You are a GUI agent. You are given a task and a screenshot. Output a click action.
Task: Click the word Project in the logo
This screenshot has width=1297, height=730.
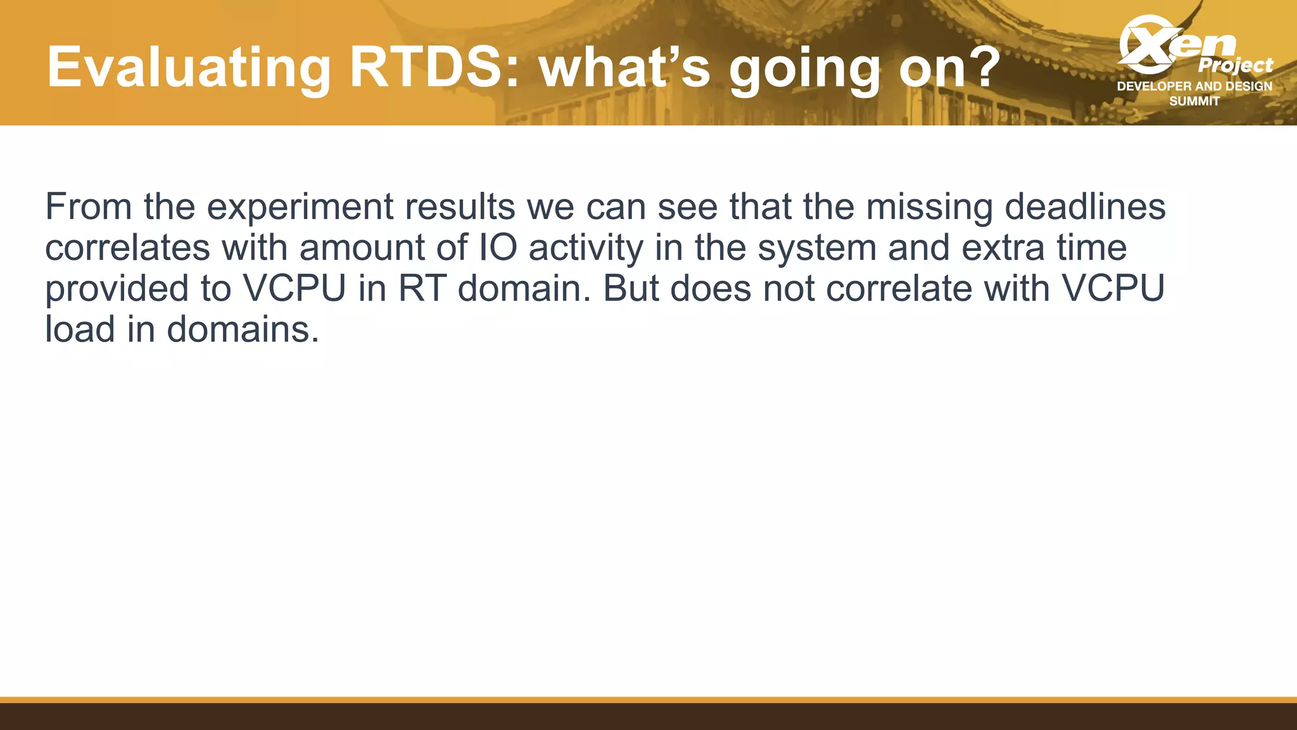(1235, 65)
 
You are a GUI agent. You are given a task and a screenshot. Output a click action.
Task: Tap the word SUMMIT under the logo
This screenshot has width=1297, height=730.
(1194, 101)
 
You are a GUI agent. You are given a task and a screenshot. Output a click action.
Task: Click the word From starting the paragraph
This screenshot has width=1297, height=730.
(88, 207)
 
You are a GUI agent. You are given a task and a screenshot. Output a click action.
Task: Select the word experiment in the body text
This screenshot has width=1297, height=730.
(300, 208)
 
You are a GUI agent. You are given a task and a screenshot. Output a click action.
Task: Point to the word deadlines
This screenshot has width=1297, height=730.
(1085, 207)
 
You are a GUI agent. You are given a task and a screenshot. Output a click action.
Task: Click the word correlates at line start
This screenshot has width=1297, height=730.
(127, 248)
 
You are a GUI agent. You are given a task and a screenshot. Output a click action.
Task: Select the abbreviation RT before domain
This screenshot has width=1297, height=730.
(421, 288)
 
